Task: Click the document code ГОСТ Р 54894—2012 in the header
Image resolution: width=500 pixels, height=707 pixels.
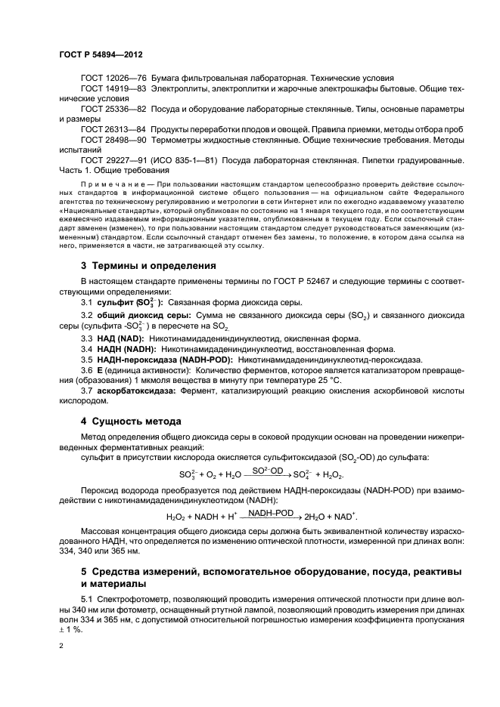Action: pos(101,56)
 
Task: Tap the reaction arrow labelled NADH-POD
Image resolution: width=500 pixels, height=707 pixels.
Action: pos(272,516)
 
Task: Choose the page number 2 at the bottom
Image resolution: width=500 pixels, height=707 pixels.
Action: pos(61,647)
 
